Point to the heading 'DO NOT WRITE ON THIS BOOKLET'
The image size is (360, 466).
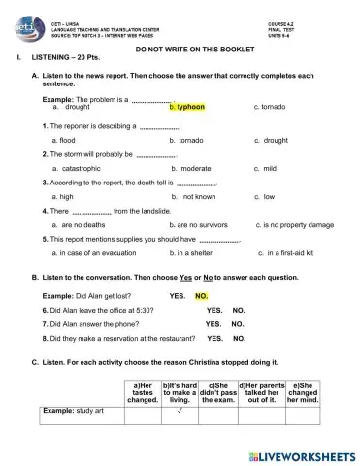click(180, 48)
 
